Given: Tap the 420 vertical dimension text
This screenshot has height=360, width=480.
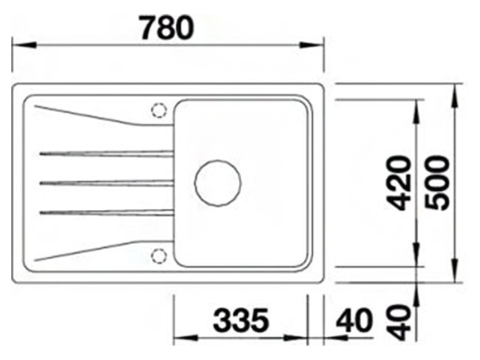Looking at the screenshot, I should [398, 183].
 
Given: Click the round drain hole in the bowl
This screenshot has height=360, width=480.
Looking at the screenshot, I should [218, 182].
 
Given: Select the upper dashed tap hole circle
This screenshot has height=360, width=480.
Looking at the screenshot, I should [159, 111].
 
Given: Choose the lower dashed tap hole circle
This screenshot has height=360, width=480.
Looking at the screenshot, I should [159, 256].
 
